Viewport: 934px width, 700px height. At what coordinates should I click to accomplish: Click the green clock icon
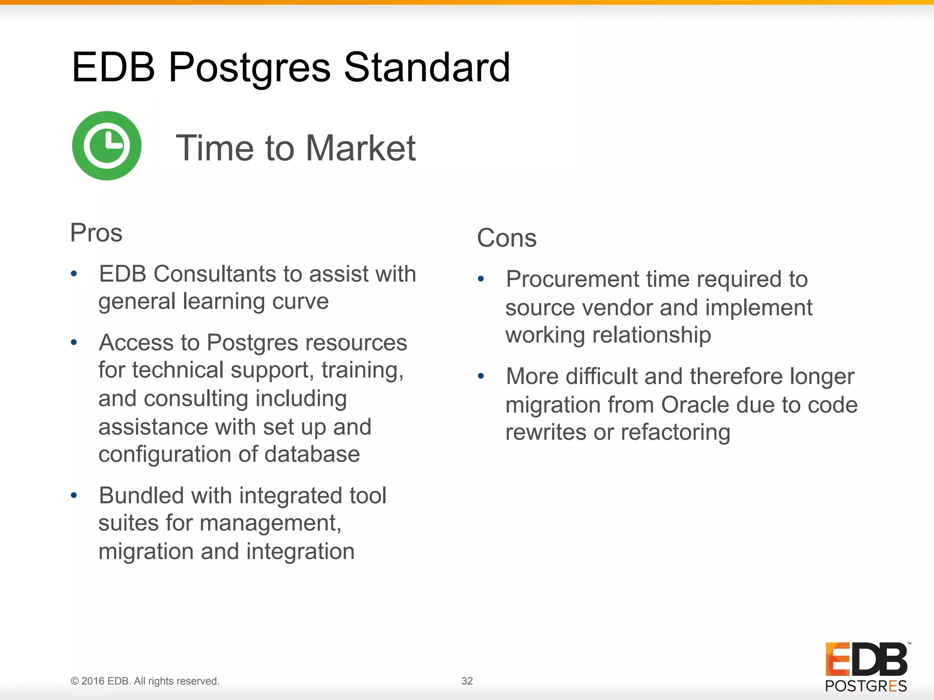click(x=107, y=146)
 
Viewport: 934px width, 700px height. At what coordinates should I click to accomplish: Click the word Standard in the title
click(x=426, y=67)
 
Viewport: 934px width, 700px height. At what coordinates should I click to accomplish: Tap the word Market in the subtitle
click(x=360, y=148)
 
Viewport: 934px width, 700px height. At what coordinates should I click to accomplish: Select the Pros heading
click(x=96, y=233)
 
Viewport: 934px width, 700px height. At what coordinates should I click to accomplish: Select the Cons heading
click(x=507, y=238)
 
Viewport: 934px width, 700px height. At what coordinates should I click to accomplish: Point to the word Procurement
click(x=572, y=279)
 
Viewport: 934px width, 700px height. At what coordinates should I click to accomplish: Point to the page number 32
click(x=467, y=681)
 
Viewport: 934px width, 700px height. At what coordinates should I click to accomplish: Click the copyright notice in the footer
click(x=145, y=681)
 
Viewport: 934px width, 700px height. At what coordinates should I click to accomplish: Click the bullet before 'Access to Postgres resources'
click(x=74, y=342)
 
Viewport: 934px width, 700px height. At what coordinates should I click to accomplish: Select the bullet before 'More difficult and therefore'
click(x=481, y=376)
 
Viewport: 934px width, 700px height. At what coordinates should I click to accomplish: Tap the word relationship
click(x=651, y=335)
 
